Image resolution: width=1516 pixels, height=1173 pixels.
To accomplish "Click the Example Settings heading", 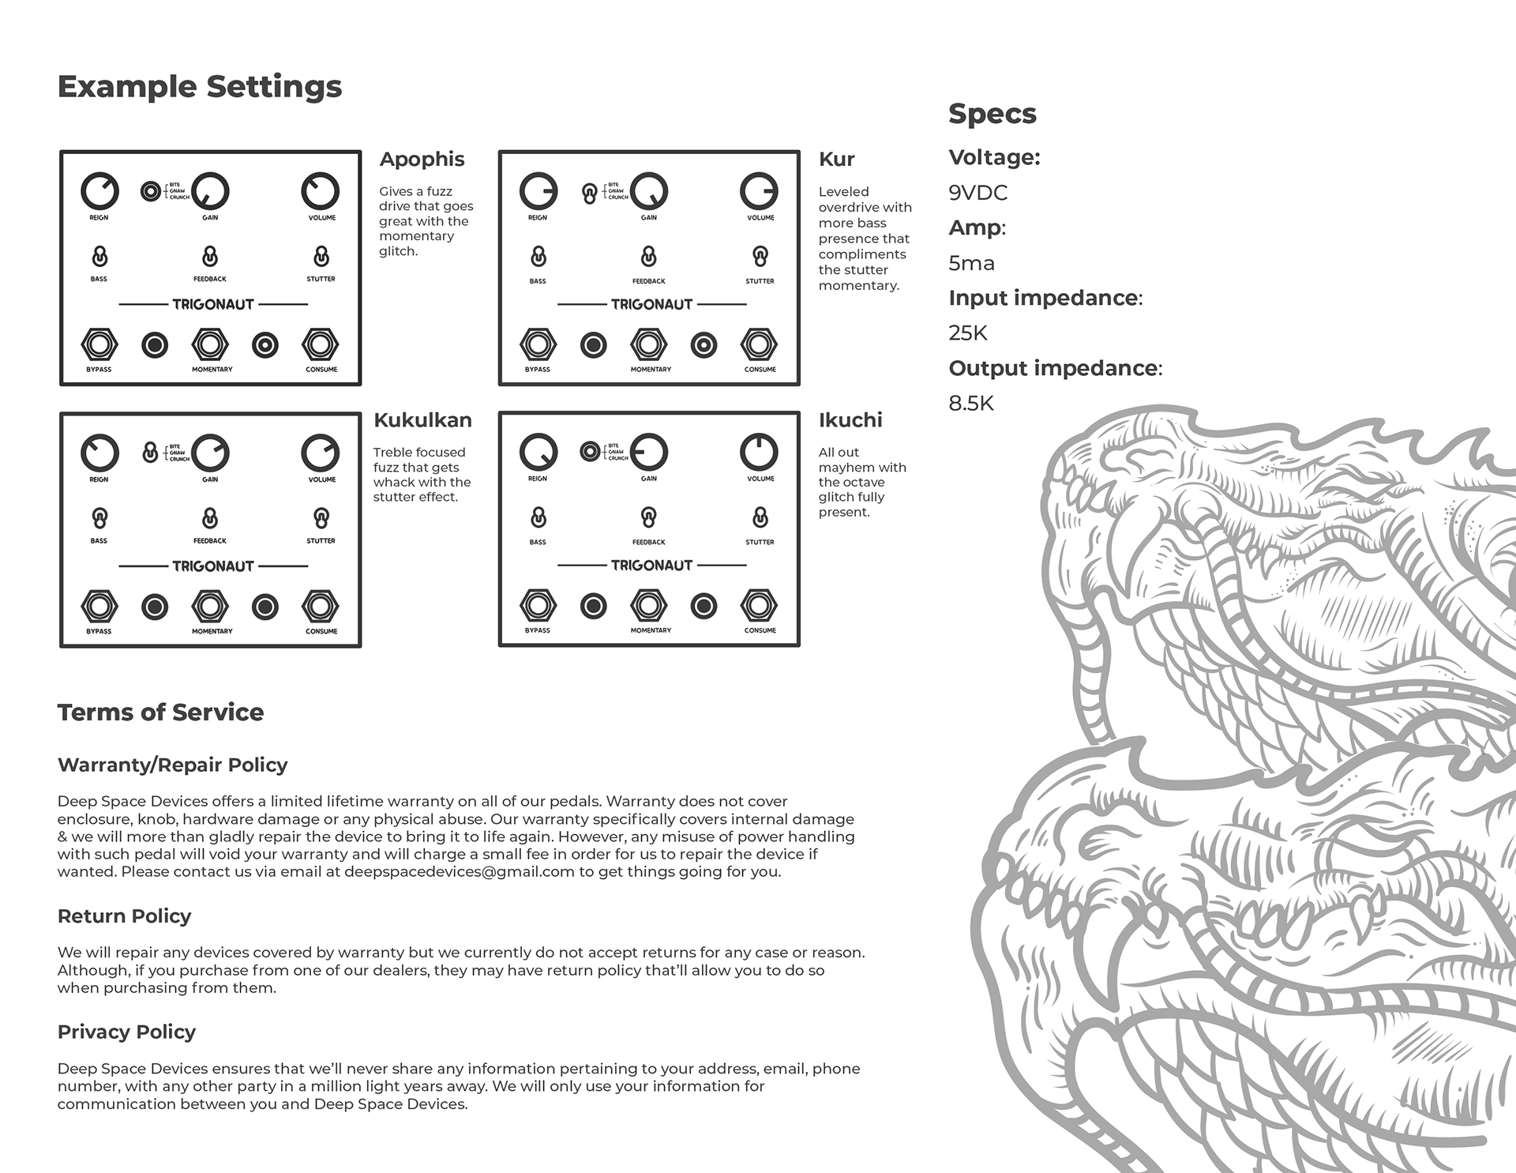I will click(x=200, y=87).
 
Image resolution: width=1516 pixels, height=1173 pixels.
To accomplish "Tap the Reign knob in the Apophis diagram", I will click(x=99, y=191).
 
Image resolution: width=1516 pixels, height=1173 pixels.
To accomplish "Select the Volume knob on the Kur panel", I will click(x=759, y=191).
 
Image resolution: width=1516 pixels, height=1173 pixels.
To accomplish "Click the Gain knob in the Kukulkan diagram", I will click(x=210, y=453).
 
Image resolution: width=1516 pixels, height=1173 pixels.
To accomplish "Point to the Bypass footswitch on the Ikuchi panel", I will click(x=538, y=606).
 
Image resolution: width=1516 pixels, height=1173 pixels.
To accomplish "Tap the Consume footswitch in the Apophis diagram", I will click(x=321, y=344).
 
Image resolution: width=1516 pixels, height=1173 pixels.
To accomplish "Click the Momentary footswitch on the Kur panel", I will click(x=649, y=344).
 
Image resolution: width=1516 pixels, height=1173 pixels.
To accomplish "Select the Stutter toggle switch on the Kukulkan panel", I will click(x=321, y=518).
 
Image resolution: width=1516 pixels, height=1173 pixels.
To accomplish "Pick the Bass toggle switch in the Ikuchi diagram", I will click(x=538, y=518).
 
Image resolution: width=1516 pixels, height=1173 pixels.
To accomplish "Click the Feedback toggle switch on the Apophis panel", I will click(x=210, y=257).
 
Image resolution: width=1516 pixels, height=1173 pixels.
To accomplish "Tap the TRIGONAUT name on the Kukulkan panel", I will click(x=213, y=566).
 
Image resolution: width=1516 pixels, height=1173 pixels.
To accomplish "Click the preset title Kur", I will click(x=837, y=160).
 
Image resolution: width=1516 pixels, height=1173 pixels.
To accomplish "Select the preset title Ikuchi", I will click(x=850, y=420).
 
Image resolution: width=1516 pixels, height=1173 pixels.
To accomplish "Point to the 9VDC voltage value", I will click(x=978, y=193).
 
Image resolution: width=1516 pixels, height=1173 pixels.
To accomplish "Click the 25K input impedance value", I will click(x=968, y=333).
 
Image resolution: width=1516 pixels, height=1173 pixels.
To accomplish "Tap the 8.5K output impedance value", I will click(x=971, y=404).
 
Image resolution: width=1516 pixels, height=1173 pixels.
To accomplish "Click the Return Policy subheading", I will click(x=124, y=916).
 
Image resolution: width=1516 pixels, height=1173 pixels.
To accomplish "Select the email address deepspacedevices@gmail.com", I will click(x=459, y=872).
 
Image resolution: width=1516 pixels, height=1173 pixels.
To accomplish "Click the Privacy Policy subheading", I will click(x=126, y=1032).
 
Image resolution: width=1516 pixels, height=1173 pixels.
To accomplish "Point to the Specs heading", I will click(x=992, y=114).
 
